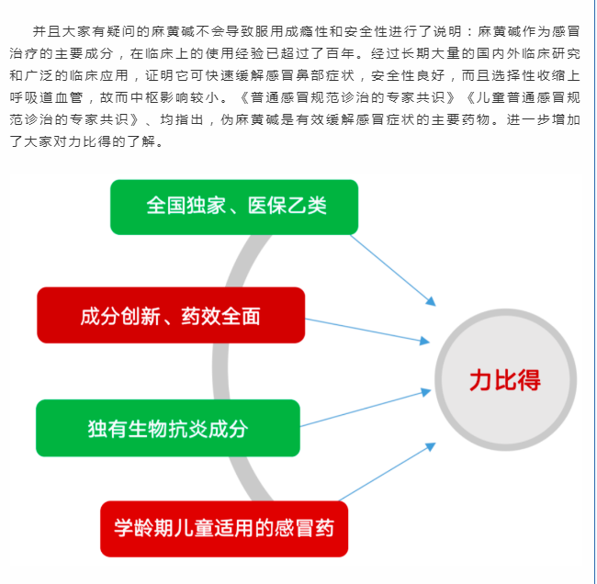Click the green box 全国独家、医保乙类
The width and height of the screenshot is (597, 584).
click(x=234, y=208)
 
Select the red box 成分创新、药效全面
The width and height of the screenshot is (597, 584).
click(x=171, y=315)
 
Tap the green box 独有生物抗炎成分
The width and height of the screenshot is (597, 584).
click(x=168, y=428)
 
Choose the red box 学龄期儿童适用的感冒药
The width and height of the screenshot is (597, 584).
click(x=224, y=529)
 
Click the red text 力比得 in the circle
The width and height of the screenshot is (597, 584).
click(x=505, y=380)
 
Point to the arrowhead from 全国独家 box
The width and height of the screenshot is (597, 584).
click(x=431, y=301)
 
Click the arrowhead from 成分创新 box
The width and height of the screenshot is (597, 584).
click(x=425, y=341)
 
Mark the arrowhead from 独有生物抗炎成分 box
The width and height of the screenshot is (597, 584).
click(x=426, y=392)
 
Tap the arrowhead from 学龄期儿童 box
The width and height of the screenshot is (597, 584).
click(x=431, y=446)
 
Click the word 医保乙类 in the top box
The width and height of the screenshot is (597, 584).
click(x=287, y=206)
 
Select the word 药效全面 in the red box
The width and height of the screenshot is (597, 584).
click(x=220, y=317)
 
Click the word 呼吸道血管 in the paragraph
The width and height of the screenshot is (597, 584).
click(x=46, y=98)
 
